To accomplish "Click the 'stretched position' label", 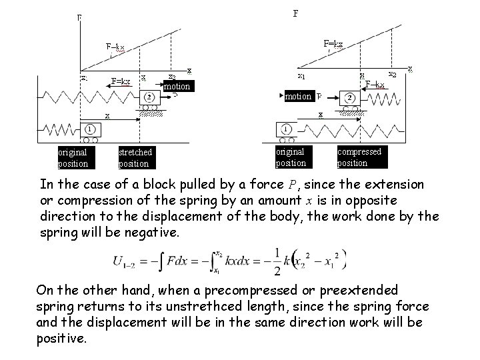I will click(x=135, y=157).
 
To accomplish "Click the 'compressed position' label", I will click(x=359, y=157).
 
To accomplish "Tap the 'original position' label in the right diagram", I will click(x=291, y=157).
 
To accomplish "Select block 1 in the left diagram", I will click(x=89, y=129).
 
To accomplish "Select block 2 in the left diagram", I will click(x=149, y=98).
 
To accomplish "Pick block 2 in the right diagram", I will click(x=349, y=97).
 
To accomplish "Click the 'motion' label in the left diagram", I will click(x=177, y=86).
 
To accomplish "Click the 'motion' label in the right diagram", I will click(x=298, y=96).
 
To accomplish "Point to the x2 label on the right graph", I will click(x=394, y=74).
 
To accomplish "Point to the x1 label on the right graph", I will click(x=301, y=75).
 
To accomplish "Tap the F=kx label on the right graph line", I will click(x=333, y=44).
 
